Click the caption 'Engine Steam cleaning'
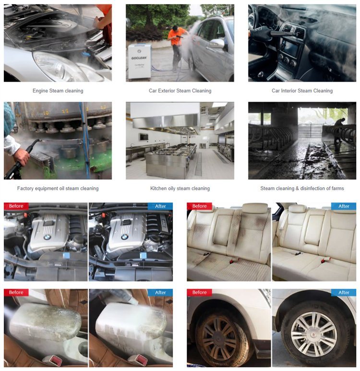58,91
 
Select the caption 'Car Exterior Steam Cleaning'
180,91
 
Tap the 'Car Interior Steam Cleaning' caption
302,91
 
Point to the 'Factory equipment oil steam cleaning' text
58,189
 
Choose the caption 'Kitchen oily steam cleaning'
180,189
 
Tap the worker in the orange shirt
177,43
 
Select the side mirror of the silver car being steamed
217,44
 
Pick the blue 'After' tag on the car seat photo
344,206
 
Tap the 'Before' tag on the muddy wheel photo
199,293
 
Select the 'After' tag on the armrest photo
160,293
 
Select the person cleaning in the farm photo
339,128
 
